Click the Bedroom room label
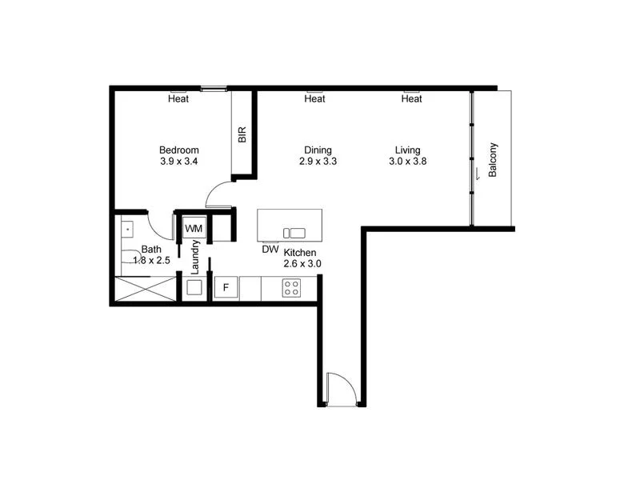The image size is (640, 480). coord(178,150)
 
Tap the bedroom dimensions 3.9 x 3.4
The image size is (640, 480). coord(178,162)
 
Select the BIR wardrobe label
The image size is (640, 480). coord(242,134)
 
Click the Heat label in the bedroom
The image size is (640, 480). coord(178,99)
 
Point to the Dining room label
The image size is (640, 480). coord(318,150)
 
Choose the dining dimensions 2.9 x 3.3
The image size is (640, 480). coord(318,162)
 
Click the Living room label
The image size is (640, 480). coord(407,150)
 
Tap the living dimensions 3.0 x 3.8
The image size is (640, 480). coord(407,162)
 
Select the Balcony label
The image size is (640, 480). coord(493,159)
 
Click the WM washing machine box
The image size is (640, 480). coord(194,229)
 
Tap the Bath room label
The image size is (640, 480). coord(151,249)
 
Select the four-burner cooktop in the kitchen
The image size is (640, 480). coord(291,288)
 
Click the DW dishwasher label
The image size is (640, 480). coord(270,249)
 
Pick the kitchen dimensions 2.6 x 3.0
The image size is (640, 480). coord(302,263)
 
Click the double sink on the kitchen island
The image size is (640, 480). coord(294,233)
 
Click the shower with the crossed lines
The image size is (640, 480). coord(145,288)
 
